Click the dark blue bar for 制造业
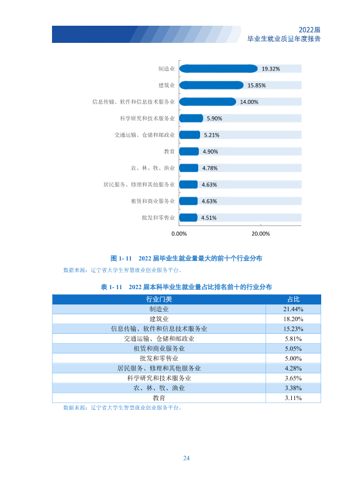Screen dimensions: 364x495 click(x=218, y=69)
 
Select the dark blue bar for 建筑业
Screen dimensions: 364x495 click(x=211, y=85)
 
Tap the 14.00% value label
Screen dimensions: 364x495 click(x=249, y=102)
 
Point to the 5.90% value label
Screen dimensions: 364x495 click(x=214, y=118)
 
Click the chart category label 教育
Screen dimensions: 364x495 click(x=169, y=151)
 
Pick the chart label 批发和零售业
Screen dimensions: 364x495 click(x=158, y=217)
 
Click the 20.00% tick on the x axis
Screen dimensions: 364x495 click(x=261, y=233)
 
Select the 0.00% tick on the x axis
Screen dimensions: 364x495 click(x=179, y=233)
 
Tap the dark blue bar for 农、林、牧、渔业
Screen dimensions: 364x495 click(x=189, y=168)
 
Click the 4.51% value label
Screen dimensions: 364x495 click(x=209, y=218)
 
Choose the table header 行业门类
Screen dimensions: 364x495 click(x=159, y=299)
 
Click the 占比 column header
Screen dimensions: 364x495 click(x=293, y=299)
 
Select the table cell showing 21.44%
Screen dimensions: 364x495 click(x=293, y=309)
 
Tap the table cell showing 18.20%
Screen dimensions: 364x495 click(x=293, y=319)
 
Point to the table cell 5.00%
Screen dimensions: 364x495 click(x=293, y=358)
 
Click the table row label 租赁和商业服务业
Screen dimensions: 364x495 click(x=159, y=349)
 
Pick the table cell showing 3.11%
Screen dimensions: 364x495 click(x=293, y=398)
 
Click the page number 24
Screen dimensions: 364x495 click(x=186, y=458)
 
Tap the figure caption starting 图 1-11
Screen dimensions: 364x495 click(x=186, y=259)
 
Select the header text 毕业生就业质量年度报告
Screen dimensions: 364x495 click(x=284, y=39)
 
